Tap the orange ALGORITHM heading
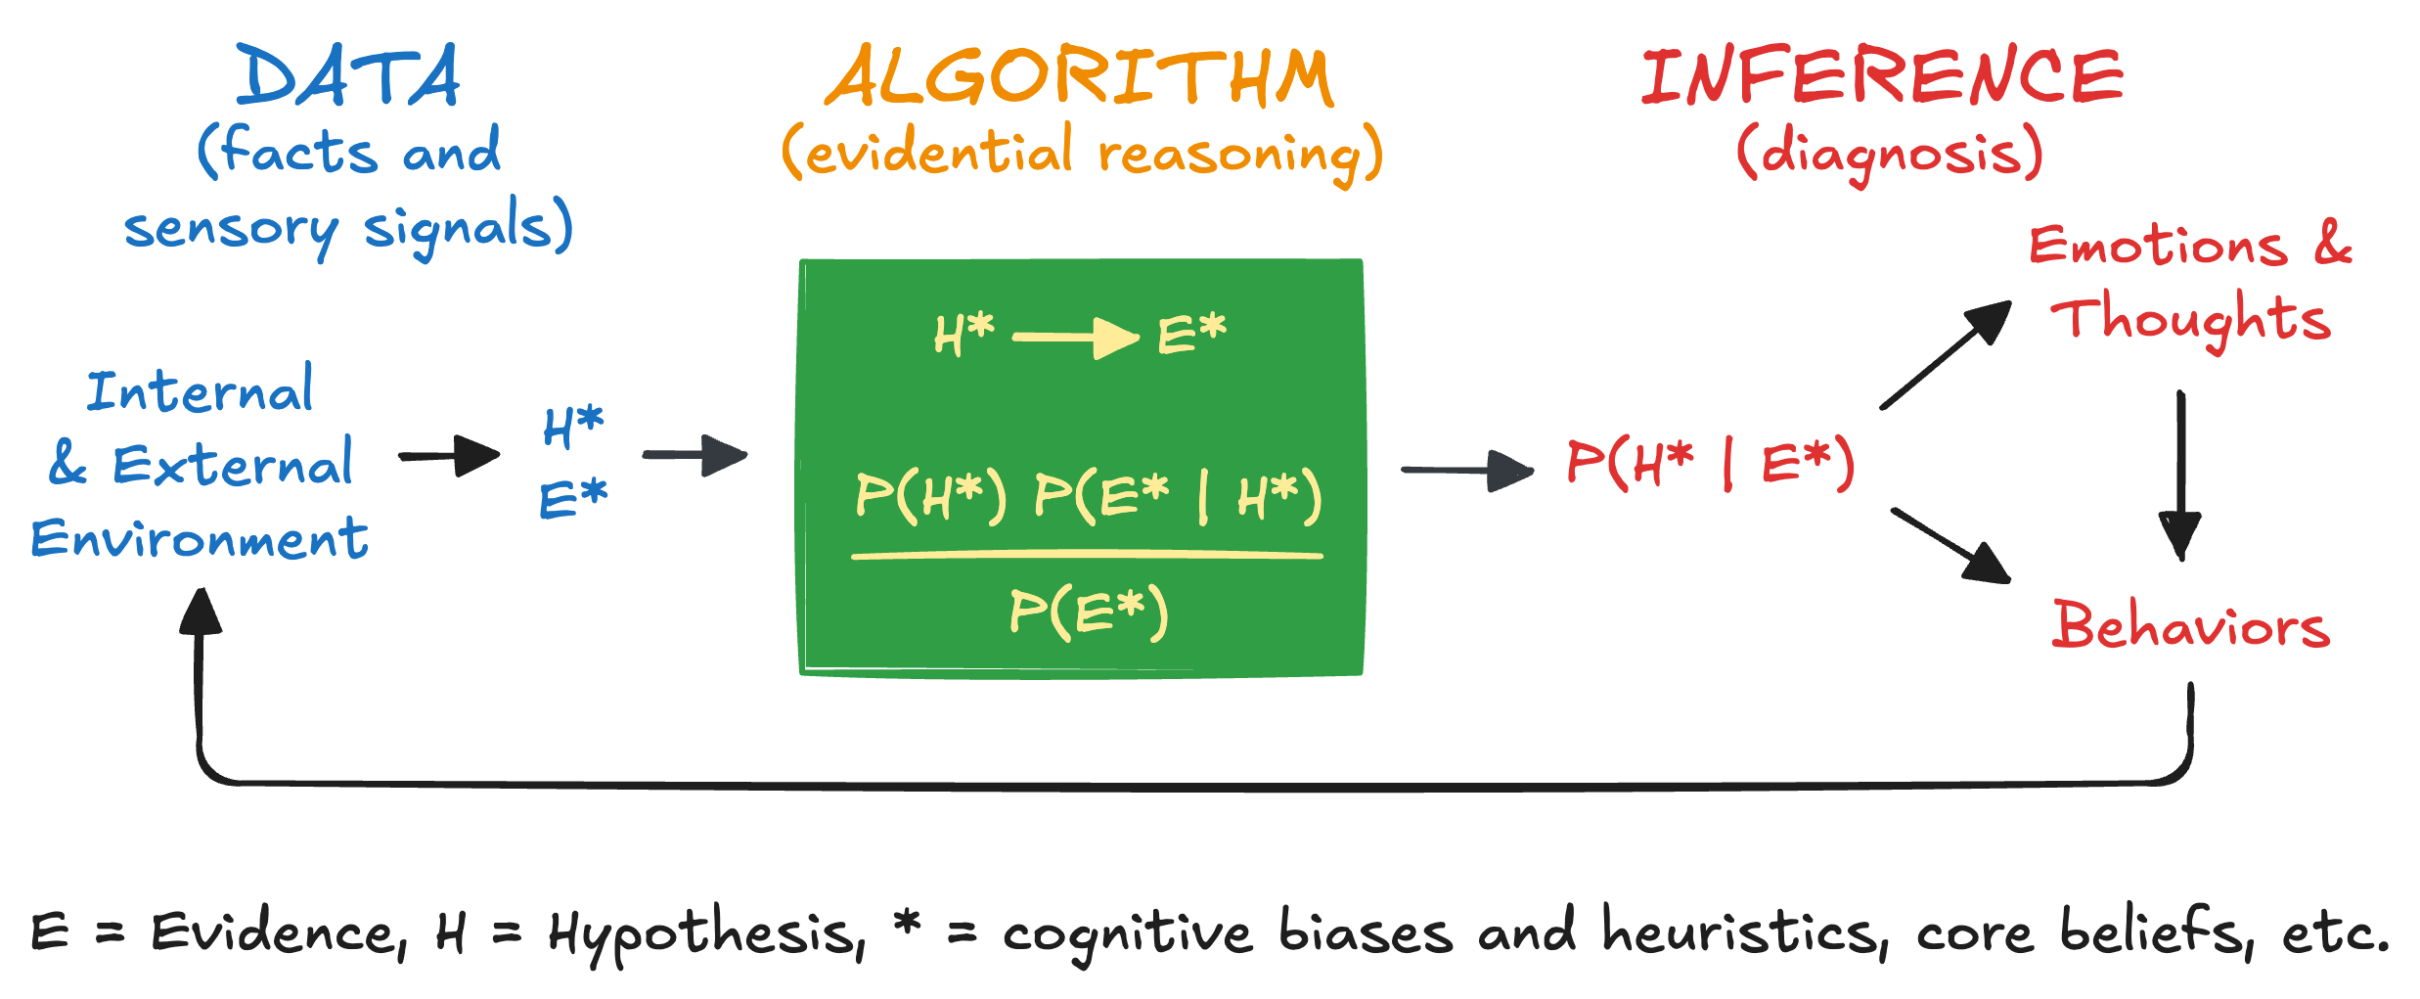tap(1079, 78)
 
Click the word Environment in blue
tap(200, 539)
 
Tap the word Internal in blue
tap(200, 390)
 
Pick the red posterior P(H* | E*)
tap(1710, 463)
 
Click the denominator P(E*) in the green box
tap(1089, 613)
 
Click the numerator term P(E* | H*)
tap(1178, 496)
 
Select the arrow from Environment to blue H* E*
tap(449, 456)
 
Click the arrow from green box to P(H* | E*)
tap(1466, 471)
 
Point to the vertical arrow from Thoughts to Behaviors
tap(2180, 475)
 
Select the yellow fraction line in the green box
tap(1087, 556)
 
